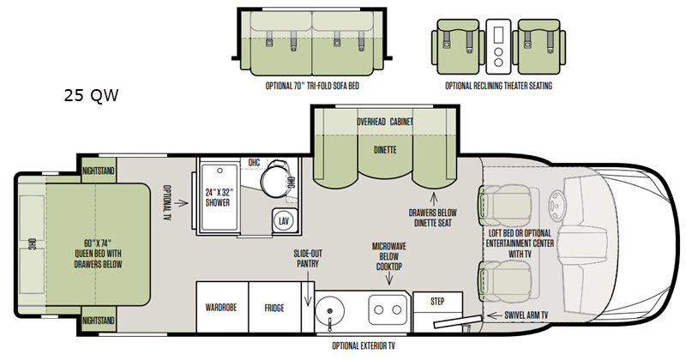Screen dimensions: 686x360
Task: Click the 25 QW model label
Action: pos(91,95)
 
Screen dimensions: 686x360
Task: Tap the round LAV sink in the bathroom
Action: pos(284,221)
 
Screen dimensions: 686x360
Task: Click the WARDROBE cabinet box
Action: pos(222,307)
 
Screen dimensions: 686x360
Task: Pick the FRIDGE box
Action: pos(274,307)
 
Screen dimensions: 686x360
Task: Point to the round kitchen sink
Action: pos(329,310)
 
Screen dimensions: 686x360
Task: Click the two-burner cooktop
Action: pos(388,309)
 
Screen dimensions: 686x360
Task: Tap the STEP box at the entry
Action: pos(437,302)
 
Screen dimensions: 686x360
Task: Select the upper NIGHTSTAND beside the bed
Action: pos(99,171)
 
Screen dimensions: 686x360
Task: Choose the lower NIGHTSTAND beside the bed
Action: pos(99,321)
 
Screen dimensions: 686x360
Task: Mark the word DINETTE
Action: pos(385,150)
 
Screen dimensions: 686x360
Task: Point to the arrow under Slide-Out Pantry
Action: pos(308,288)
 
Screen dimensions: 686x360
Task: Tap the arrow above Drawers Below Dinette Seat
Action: pos(434,199)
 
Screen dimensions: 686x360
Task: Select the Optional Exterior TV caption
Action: pos(364,346)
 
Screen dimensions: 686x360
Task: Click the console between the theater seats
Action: pos(498,47)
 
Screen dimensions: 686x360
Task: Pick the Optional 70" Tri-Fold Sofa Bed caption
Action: pos(312,86)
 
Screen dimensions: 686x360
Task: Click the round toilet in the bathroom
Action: pos(274,178)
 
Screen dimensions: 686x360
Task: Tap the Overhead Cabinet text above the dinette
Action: pos(385,122)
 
